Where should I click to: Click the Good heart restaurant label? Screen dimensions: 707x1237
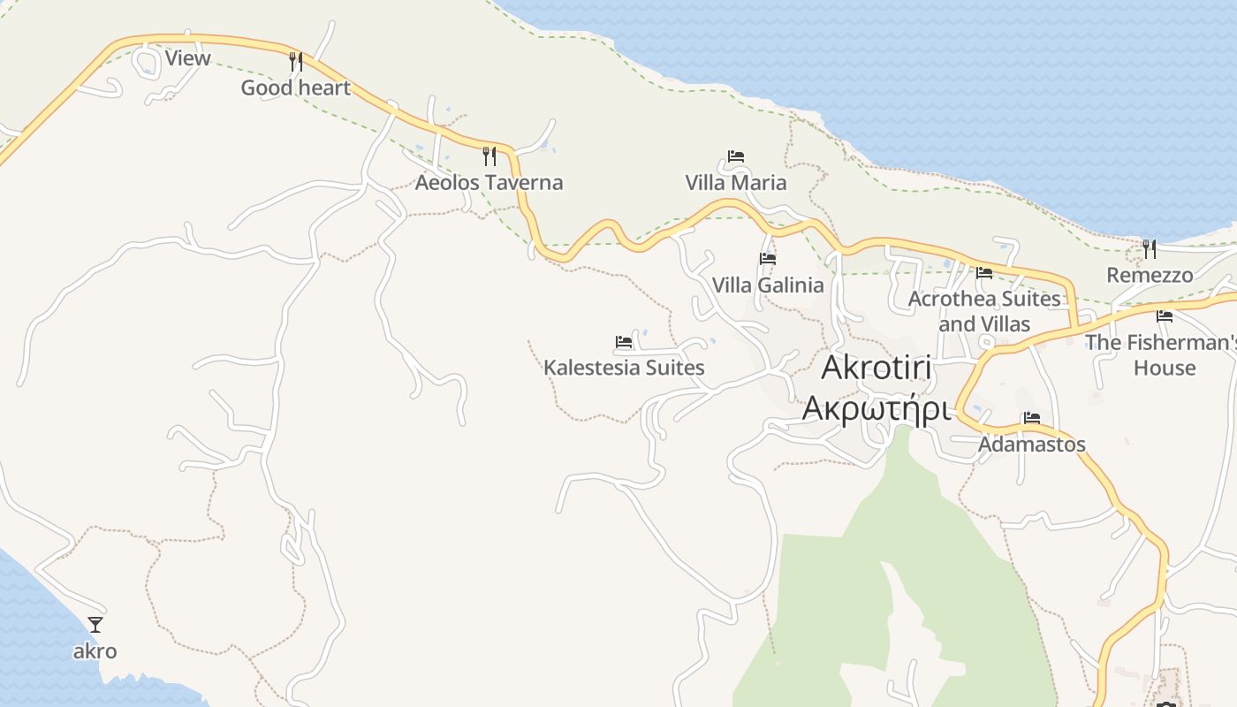coord(295,88)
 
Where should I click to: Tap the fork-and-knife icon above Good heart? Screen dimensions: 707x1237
coord(296,62)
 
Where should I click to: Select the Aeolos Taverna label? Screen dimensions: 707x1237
coord(489,183)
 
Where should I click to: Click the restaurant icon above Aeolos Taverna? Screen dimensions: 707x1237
coord(489,156)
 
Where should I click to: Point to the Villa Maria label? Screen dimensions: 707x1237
coord(736,183)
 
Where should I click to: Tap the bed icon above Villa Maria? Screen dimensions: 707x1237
coord(736,156)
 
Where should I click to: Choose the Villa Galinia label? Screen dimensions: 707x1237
coord(768,285)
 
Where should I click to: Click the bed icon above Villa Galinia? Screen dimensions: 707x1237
coord(768,259)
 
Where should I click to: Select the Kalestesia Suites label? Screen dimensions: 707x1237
coord(624,368)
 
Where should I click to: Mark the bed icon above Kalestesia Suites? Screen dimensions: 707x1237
coord(624,341)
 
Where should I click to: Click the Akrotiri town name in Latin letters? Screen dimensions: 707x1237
coord(877,369)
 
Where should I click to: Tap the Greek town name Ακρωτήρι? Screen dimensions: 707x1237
coord(877,409)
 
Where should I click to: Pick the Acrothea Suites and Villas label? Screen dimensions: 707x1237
coord(984,311)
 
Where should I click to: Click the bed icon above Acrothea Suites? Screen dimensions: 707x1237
coord(984,272)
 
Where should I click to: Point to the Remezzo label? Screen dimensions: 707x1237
coord(1150,276)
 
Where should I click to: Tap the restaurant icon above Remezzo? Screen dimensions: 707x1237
coord(1150,249)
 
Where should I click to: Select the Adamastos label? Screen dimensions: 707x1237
coord(1031,445)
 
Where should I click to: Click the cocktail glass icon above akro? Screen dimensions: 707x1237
coord(95,625)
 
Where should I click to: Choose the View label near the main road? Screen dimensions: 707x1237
coord(188,59)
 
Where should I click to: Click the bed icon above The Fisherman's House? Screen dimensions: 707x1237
coord(1165,315)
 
